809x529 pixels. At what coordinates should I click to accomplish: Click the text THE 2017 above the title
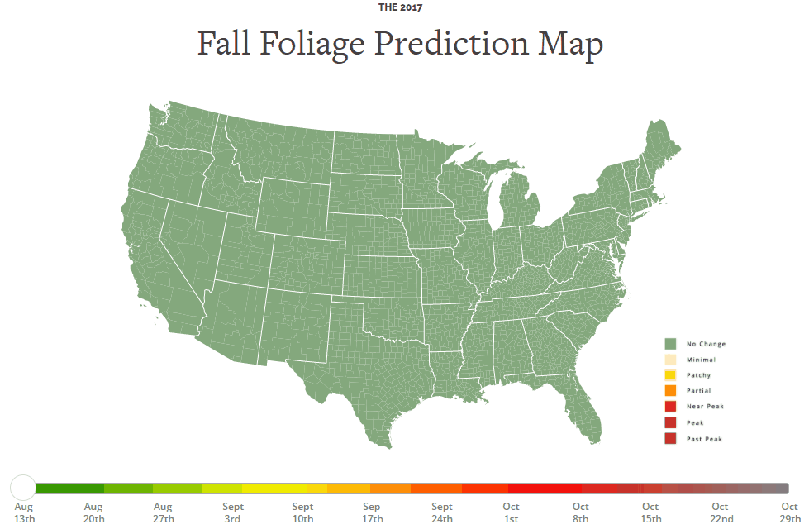click(401, 7)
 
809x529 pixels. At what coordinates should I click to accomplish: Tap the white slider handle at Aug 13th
click(24, 488)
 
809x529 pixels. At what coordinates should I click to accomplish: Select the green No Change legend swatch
click(671, 343)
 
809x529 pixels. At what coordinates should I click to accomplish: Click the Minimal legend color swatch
click(671, 360)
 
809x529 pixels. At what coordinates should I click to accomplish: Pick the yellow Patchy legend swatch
click(671, 375)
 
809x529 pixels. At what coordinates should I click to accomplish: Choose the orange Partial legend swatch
click(671, 390)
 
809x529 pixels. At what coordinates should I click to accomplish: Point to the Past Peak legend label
click(704, 439)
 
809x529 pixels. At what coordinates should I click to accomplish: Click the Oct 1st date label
click(511, 512)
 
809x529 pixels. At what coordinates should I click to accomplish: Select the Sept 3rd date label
click(232, 512)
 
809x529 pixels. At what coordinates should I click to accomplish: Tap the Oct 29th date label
click(789, 512)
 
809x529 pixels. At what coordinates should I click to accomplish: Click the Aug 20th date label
click(93, 512)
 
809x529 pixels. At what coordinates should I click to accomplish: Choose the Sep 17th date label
click(371, 512)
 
